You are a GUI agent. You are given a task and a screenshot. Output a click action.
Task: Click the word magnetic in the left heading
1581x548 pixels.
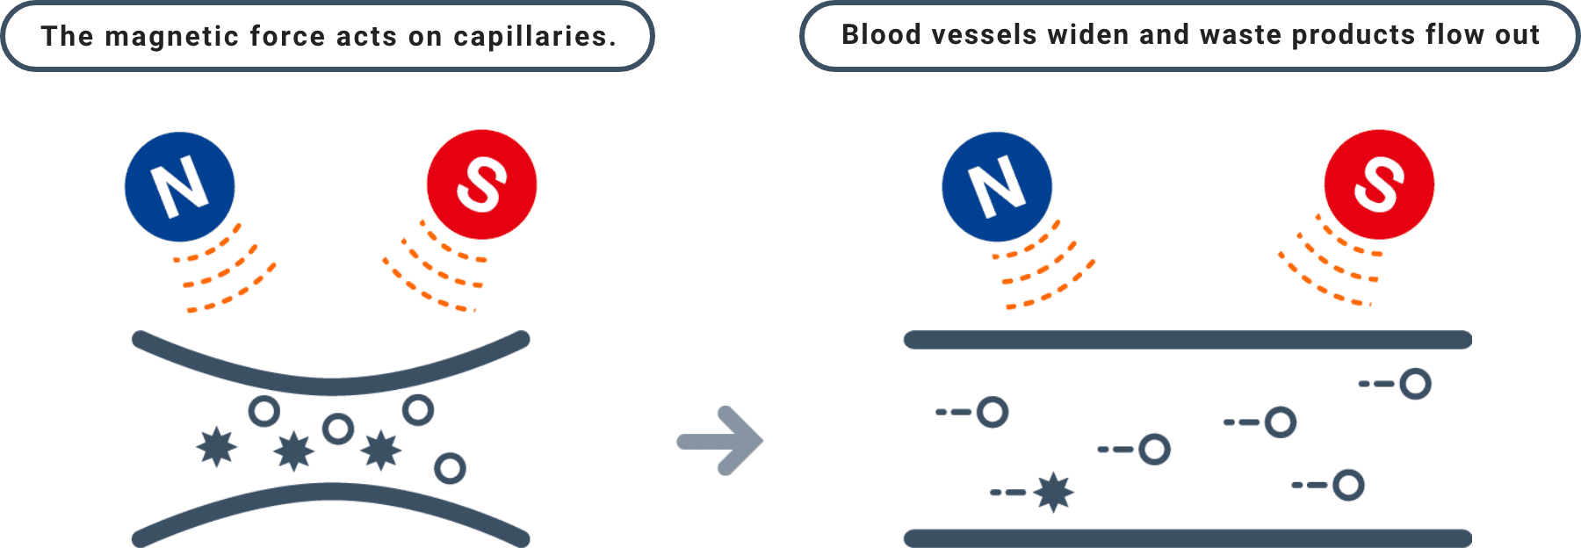click(x=171, y=36)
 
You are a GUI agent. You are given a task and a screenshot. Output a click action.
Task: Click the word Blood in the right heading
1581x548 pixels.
click(x=882, y=34)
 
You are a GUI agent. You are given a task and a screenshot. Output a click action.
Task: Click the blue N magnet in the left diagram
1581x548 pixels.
click(x=179, y=186)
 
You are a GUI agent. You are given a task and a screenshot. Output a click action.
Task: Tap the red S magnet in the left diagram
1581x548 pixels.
click(x=481, y=184)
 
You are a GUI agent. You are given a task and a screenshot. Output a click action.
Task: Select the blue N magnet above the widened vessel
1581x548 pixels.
click(x=997, y=186)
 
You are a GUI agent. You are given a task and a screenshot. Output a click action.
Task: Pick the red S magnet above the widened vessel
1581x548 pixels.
click(x=1379, y=184)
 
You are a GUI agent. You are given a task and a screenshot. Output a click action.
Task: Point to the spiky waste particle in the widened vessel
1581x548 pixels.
click(x=1053, y=492)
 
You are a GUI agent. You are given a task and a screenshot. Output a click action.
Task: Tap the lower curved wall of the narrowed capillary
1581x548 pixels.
click(x=330, y=494)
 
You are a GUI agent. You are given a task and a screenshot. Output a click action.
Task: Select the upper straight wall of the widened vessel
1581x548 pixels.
click(x=1187, y=340)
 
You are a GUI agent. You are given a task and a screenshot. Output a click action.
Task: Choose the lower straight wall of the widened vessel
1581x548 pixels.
click(x=1187, y=537)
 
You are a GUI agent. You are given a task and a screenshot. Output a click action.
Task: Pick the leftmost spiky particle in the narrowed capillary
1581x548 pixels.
click(x=216, y=446)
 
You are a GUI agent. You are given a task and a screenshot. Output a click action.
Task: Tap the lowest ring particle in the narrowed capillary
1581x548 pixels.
click(x=450, y=468)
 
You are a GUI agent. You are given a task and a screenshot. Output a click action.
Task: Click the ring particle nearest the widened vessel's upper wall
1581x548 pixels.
click(x=1415, y=384)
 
